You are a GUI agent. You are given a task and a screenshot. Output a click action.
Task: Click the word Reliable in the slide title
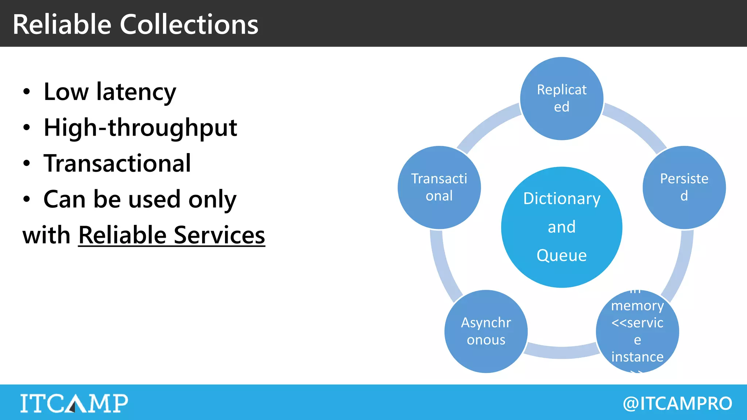click(62, 24)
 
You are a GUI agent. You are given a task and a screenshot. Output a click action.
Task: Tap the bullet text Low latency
click(109, 92)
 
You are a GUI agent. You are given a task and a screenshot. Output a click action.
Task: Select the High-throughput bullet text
click(140, 128)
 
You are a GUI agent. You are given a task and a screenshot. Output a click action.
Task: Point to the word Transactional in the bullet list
click(117, 163)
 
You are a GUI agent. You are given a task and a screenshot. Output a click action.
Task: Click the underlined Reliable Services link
click(171, 235)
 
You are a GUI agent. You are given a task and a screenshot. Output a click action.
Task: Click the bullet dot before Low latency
click(26, 92)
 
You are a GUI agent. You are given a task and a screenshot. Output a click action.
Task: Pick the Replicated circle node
click(561, 98)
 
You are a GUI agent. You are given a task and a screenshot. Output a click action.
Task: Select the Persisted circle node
click(684, 187)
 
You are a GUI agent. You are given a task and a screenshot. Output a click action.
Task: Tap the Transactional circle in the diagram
click(439, 187)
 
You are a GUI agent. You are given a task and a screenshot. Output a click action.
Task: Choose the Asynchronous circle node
click(486, 331)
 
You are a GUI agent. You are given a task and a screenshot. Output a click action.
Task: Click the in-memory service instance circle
click(637, 331)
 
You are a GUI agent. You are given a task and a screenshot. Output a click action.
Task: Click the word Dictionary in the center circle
click(561, 199)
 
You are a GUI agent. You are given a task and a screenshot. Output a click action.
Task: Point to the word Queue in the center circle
click(561, 255)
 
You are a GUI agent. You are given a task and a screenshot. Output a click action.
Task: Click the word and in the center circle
click(561, 227)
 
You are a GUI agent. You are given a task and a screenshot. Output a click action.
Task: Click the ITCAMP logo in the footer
click(74, 403)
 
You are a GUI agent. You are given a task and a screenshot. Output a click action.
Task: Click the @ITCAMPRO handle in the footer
click(677, 403)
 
